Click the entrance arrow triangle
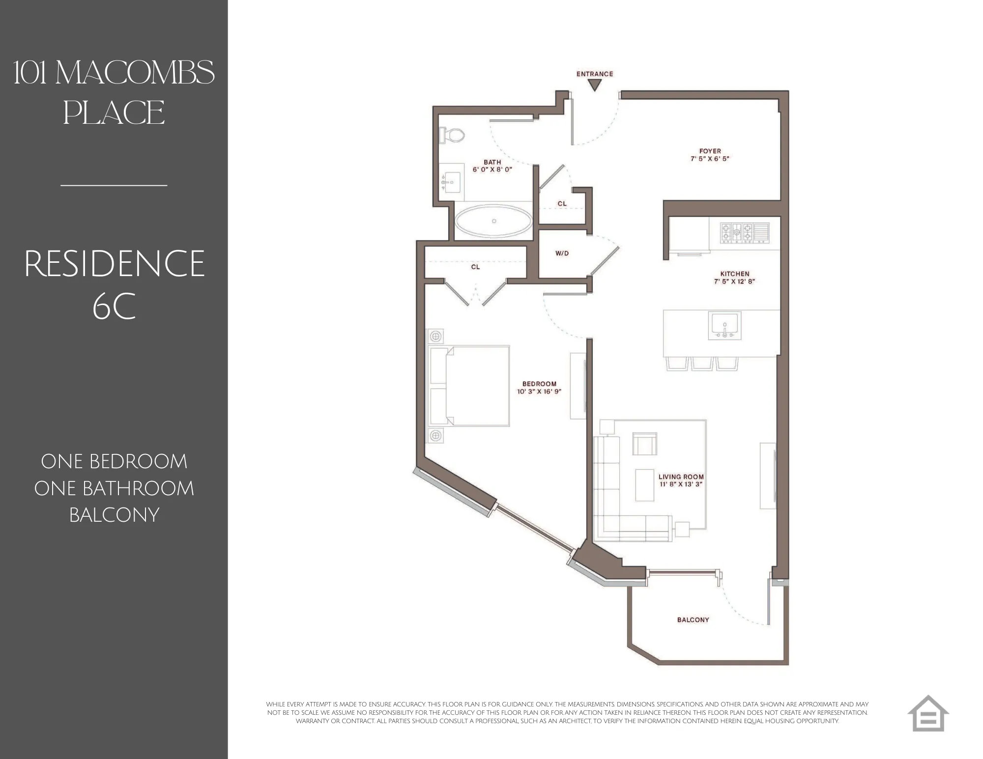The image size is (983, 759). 595,86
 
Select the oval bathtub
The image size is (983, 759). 493,221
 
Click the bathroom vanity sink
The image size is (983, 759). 451,182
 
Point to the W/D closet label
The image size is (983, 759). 562,253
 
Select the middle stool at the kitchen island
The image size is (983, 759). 701,363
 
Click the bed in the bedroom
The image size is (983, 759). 469,386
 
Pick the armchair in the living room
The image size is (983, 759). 644,445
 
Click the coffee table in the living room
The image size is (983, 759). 644,485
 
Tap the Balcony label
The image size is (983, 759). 693,620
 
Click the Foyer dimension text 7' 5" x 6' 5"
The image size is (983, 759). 710,159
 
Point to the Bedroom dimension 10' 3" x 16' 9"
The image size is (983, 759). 539,392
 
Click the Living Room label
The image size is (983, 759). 681,477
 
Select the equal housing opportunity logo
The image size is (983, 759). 927,713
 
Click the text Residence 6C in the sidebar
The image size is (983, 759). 114,285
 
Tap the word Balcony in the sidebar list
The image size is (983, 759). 114,515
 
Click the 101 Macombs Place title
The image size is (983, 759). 114,92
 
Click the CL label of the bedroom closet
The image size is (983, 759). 475,267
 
